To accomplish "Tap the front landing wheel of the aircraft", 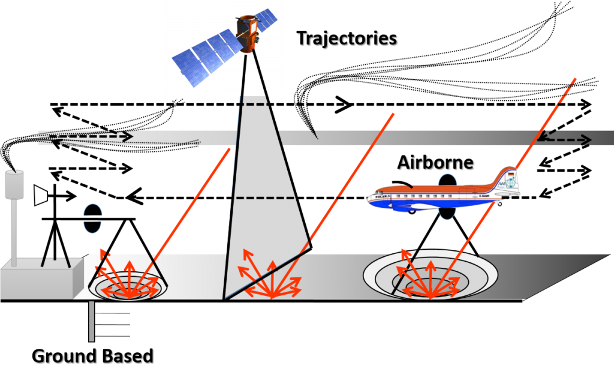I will pos(411,211).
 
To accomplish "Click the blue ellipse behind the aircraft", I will pos(447,196).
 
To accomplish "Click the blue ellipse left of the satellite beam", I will pos(93,219).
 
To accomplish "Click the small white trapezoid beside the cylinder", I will pos(40,195).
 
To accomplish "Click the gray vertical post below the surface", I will pos(91,321).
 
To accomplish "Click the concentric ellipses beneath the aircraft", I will pos(431,276).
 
